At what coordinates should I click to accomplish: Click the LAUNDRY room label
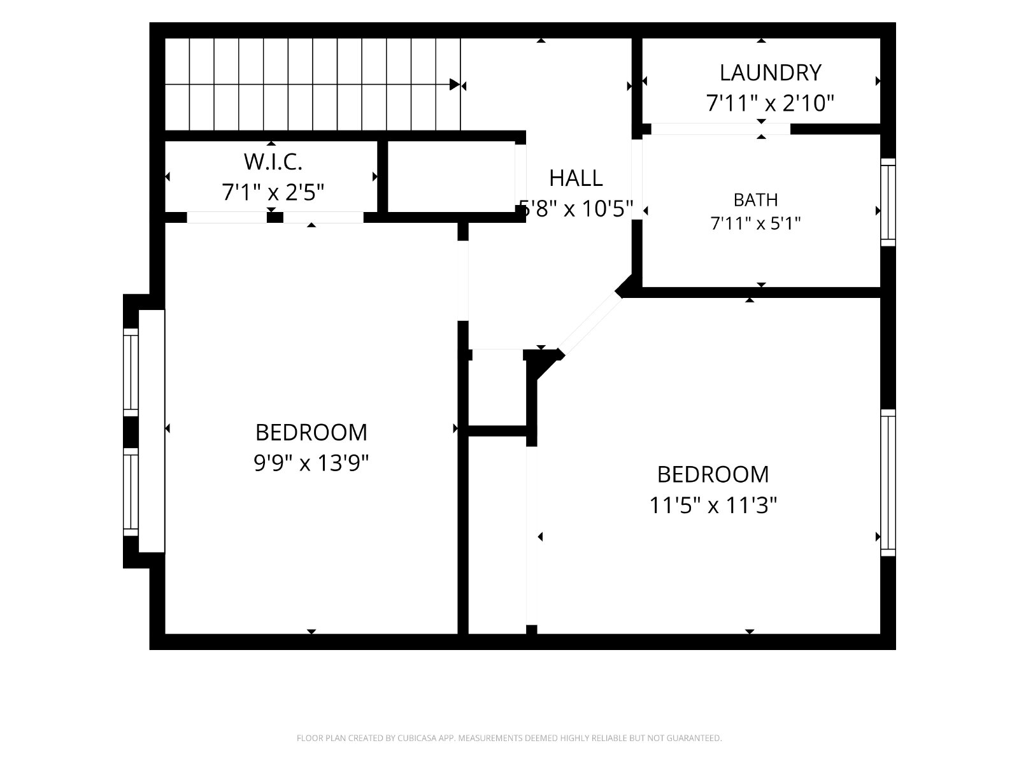point(770,73)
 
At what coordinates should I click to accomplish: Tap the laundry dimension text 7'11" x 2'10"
point(770,103)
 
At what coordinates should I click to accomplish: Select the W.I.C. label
point(273,162)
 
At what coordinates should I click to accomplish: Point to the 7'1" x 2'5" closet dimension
point(273,192)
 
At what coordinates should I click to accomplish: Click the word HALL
point(576,178)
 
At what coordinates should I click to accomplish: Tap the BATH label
point(755,200)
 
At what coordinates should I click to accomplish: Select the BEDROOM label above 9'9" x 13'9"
point(311,433)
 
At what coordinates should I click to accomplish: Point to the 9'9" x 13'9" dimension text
point(311,463)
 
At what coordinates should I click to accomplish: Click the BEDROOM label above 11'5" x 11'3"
point(713,474)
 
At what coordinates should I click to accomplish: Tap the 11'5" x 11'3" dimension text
point(713,505)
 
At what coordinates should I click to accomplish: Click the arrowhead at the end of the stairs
point(455,85)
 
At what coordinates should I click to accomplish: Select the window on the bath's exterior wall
point(888,202)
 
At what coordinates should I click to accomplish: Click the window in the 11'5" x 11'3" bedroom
point(888,483)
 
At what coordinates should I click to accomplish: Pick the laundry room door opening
point(720,129)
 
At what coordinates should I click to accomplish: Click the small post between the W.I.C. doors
point(275,217)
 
